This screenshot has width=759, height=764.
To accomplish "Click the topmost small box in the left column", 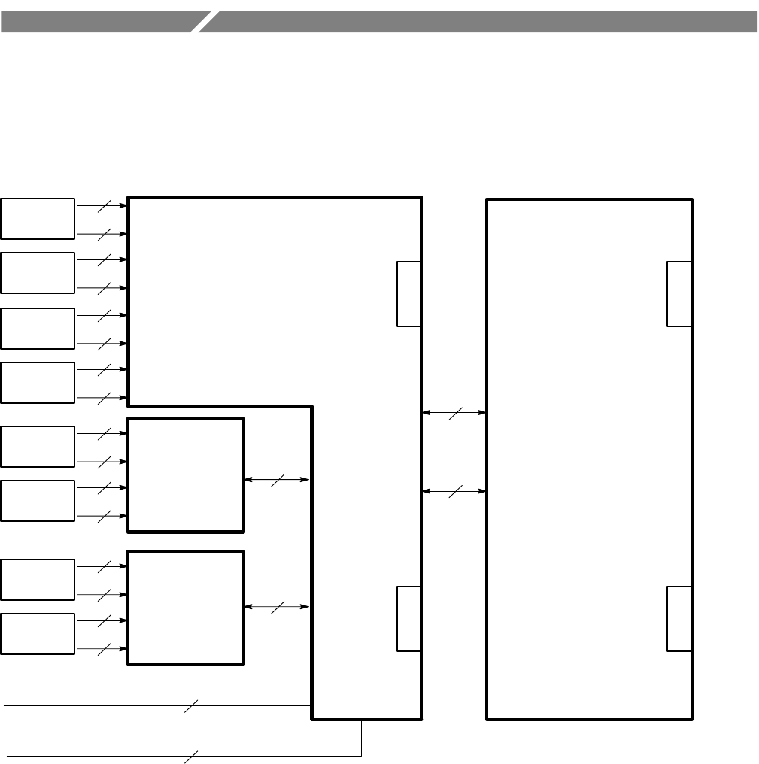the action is click(x=38, y=219).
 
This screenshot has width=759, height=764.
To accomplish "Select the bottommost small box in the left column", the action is click(x=38, y=634).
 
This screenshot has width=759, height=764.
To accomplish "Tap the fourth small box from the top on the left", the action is click(x=38, y=383).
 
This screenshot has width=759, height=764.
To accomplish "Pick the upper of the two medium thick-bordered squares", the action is click(x=186, y=474).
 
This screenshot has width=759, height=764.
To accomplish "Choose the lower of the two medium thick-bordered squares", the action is click(x=186, y=608).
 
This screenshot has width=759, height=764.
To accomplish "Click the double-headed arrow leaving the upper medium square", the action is click(x=278, y=479).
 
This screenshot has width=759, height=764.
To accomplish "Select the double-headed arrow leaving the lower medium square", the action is click(x=278, y=607).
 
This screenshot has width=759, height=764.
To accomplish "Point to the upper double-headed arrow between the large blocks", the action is click(x=454, y=412).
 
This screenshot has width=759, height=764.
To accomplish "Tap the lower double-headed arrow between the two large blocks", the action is click(x=454, y=491).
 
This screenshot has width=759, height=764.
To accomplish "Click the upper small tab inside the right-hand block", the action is click(x=679, y=294).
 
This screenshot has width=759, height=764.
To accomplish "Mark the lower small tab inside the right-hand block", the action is click(x=679, y=618).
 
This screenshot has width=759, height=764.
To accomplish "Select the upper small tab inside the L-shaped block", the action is click(x=408, y=294).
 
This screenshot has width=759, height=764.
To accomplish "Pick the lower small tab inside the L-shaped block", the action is click(x=408, y=618).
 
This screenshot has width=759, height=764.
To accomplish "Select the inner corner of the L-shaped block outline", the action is click(x=312, y=406).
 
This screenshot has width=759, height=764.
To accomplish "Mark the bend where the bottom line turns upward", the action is click(x=362, y=756).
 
